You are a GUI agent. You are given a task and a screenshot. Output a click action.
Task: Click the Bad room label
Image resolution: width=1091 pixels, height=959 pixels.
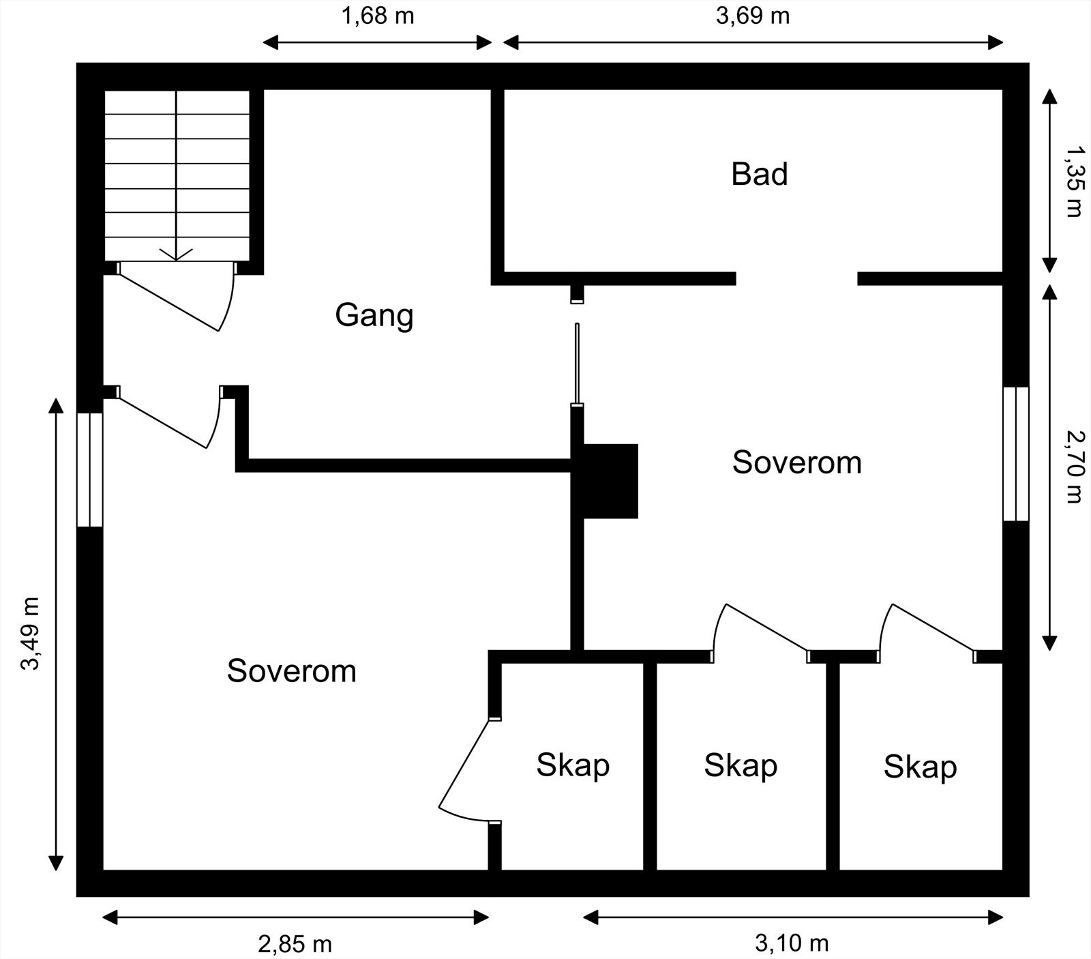click(x=759, y=174)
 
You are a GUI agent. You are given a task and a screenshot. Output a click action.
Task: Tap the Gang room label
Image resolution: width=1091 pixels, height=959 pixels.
click(x=374, y=315)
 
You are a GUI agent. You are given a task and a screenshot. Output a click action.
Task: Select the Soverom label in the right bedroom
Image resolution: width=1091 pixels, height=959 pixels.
click(x=796, y=462)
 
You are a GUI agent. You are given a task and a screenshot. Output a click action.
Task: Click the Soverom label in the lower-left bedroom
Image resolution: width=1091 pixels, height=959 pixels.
click(x=291, y=671)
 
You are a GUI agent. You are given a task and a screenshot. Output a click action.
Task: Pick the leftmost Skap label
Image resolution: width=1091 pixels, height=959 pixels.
click(x=572, y=765)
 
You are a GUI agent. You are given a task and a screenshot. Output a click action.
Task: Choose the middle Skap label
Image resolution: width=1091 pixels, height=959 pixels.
click(x=741, y=766)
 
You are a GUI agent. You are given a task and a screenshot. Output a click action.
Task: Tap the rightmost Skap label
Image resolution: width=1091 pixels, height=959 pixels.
click(x=920, y=767)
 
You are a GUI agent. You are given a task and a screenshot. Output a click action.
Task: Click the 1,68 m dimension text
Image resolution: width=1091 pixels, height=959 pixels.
click(x=377, y=16)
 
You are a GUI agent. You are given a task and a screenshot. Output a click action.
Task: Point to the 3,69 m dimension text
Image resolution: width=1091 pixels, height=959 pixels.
click(x=753, y=16)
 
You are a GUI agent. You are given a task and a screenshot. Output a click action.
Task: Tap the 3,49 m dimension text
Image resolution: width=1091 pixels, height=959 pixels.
click(x=30, y=634)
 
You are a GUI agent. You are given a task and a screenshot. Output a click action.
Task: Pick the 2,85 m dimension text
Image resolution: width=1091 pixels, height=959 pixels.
click(x=295, y=944)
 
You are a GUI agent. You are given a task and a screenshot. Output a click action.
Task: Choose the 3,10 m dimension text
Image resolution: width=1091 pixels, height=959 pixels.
click(x=792, y=943)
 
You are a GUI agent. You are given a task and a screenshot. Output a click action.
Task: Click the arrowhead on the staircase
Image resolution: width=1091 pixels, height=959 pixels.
click(x=177, y=254)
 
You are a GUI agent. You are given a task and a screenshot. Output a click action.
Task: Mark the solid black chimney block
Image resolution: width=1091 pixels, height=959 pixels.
click(x=609, y=481)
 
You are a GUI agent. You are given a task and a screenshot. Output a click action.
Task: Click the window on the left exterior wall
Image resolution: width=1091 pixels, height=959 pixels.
click(x=89, y=469)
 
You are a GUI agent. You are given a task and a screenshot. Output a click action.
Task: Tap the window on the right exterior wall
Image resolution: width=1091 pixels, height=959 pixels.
click(x=1015, y=454)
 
